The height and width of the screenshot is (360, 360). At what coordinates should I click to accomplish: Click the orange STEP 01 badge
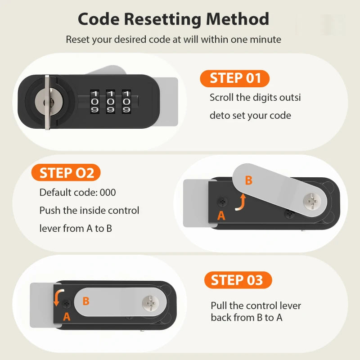click(x=234, y=78)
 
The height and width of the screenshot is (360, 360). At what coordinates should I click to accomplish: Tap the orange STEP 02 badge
click(x=66, y=173)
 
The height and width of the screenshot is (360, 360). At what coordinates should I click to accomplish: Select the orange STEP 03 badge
click(x=238, y=280)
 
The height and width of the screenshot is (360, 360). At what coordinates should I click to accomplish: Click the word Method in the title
click(x=238, y=19)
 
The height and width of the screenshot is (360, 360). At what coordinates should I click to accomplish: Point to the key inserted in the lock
click(x=48, y=102)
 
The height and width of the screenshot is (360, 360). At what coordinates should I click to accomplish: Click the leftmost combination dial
click(x=94, y=102)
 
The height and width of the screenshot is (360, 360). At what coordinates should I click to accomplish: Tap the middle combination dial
click(x=110, y=102)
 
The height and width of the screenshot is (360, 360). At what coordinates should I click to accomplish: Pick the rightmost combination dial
click(x=126, y=102)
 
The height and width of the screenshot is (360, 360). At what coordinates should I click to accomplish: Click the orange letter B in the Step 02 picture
click(x=249, y=180)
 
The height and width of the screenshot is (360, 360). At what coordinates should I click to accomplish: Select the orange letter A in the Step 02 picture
click(x=221, y=216)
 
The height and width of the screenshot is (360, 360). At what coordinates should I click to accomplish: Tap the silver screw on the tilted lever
click(x=312, y=201)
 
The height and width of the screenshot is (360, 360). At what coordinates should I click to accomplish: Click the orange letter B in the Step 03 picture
click(x=86, y=301)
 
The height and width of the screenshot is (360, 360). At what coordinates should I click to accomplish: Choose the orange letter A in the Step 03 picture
click(x=67, y=317)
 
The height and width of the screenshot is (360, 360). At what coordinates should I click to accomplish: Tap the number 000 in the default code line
click(x=108, y=193)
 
